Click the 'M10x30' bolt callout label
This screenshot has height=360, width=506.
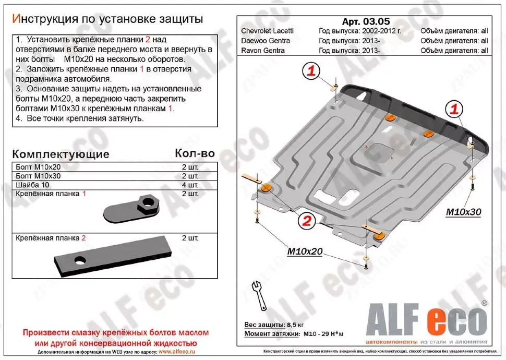463,212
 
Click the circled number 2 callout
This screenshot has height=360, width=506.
306,221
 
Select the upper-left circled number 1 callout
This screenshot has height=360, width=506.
311,71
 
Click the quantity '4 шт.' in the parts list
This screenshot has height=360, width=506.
190,185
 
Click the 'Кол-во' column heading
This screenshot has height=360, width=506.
194,153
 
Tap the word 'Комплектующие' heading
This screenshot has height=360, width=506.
61,154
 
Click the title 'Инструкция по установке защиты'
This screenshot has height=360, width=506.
107,20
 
